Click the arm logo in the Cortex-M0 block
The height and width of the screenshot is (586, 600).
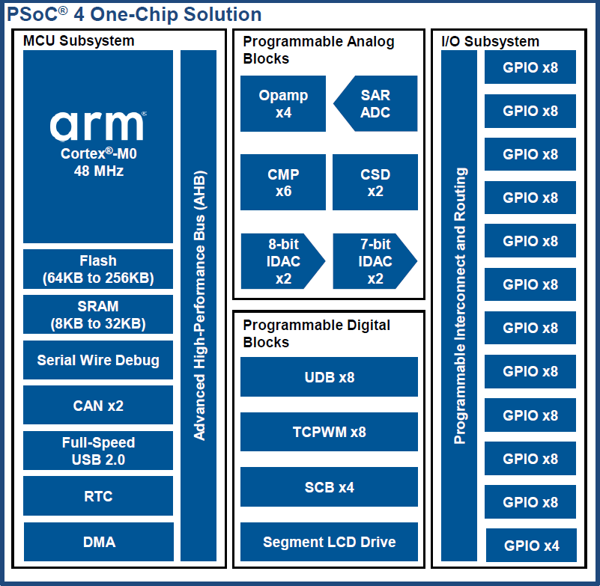pos(97,125)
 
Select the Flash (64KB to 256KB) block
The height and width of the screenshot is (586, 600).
pos(98,269)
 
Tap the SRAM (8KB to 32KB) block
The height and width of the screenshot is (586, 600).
pos(98,315)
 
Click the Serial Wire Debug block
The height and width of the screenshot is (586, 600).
pos(98,360)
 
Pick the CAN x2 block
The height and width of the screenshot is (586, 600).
pos(98,406)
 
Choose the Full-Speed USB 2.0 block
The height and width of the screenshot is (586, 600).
pos(98,451)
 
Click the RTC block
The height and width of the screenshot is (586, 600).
pos(98,495)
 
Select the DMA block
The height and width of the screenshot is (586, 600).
pos(98,542)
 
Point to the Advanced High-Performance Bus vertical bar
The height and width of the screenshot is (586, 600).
pos(199,305)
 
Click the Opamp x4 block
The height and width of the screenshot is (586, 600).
pos(283,104)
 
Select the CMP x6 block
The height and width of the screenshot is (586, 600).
pos(283,183)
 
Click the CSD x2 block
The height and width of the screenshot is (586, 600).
pos(375,183)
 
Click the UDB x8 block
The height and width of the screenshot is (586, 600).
pos(329,377)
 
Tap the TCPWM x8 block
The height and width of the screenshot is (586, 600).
pos(329,432)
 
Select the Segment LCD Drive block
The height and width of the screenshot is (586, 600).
pos(329,542)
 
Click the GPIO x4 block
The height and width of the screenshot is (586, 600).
pos(531,546)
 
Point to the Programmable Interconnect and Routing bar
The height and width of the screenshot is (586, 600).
pos(459,305)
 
